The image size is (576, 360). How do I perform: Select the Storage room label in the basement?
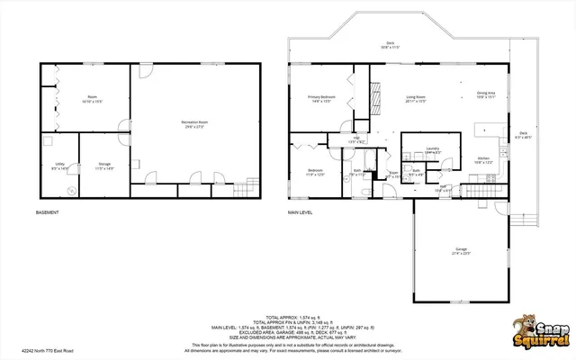pyautogui.click(x=104, y=166)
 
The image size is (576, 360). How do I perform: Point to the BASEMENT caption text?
pyautogui.click(x=48, y=213)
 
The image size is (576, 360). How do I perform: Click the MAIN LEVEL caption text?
pyautogui.click(x=300, y=213)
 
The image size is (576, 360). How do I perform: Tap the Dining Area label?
pyautogui.click(x=487, y=94)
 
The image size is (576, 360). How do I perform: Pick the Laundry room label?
pyautogui.click(x=432, y=150)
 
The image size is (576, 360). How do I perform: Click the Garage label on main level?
pyautogui.click(x=462, y=252)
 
